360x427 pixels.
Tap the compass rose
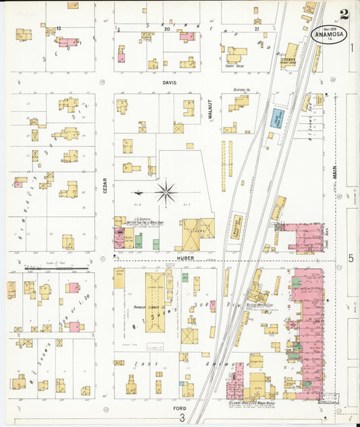point(165,192)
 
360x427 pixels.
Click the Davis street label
point(169,82)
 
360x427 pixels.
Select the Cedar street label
point(105,184)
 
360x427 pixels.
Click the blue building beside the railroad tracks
point(278,118)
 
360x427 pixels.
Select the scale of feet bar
point(57,267)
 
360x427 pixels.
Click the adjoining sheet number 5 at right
point(351,258)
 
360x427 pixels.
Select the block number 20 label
point(166,30)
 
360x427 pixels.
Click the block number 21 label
point(257,30)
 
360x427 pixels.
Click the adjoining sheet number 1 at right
point(352,48)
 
